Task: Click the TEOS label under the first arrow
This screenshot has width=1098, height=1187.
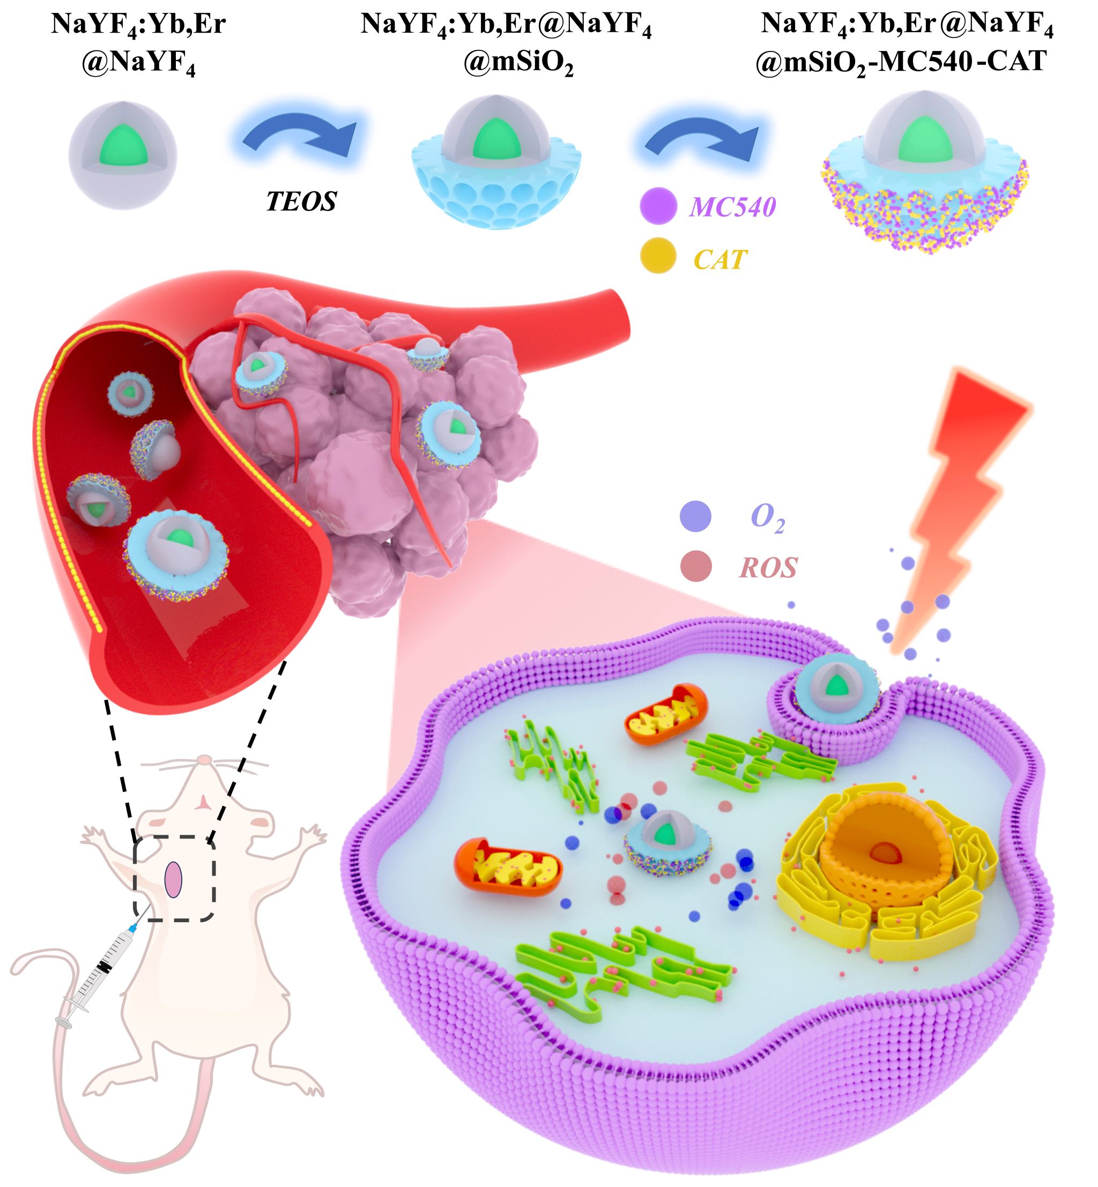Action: click(301, 202)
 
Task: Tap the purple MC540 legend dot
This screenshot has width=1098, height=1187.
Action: click(658, 205)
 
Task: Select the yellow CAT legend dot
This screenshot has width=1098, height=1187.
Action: click(658, 255)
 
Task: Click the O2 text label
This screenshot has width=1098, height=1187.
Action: click(767, 517)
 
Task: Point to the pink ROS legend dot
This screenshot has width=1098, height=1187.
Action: click(696, 566)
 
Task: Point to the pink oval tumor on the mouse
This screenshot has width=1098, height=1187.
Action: click(173, 879)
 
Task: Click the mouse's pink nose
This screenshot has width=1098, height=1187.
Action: click(204, 759)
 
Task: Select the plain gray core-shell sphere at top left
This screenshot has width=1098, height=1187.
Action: click(122, 155)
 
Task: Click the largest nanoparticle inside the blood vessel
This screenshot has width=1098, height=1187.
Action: click(176, 554)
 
